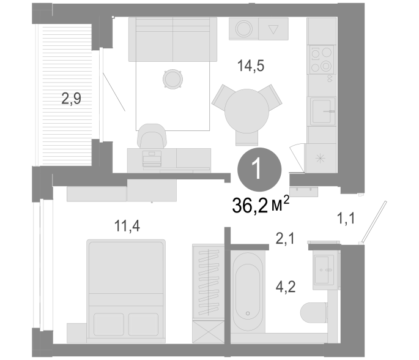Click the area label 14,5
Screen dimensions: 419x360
[251, 66]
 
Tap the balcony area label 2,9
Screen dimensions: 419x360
[71, 99]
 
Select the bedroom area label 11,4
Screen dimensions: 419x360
[127, 226]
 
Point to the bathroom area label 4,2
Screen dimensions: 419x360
[286, 287]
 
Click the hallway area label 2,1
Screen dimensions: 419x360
[285, 238]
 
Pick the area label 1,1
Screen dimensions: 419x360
[346, 218]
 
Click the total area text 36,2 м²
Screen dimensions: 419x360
[261, 205]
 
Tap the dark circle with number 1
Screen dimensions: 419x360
[259, 170]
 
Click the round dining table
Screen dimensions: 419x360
[247, 111]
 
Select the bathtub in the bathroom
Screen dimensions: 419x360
[248, 292]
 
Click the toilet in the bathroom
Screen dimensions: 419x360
[314, 312]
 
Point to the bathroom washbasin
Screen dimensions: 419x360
[324, 269]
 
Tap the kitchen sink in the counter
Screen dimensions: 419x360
[323, 111]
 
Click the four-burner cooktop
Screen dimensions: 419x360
[322, 59]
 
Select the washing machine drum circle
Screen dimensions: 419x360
[243, 28]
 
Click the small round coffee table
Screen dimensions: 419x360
[172, 79]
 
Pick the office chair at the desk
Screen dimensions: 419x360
[152, 136]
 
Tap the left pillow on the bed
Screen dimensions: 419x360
[109, 324]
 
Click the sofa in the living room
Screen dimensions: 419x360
[172, 39]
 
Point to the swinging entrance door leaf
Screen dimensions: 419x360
[373, 222]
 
